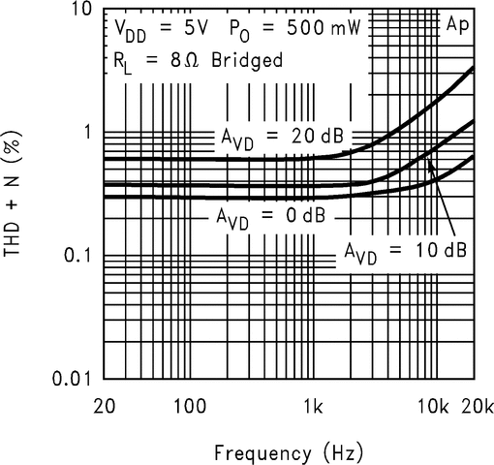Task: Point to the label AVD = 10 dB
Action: tap(406, 250)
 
